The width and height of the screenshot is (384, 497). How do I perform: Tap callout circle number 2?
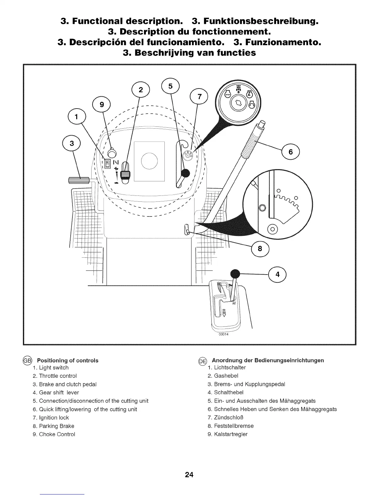[x=141, y=90]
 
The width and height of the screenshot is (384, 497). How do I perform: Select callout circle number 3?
[x=72, y=144]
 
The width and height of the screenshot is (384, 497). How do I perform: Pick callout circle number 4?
[x=277, y=274]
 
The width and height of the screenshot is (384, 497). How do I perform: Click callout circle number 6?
[x=291, y=152]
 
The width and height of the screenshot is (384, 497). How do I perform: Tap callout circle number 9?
[x=102, y=105]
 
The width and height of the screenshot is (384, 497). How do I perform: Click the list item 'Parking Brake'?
[x=56, y=426]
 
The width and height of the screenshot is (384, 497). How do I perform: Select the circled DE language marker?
[x=202, y=361]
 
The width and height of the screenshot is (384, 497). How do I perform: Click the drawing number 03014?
[x=224, y=334]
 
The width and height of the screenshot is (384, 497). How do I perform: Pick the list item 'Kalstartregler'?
[x=231, y=435]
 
